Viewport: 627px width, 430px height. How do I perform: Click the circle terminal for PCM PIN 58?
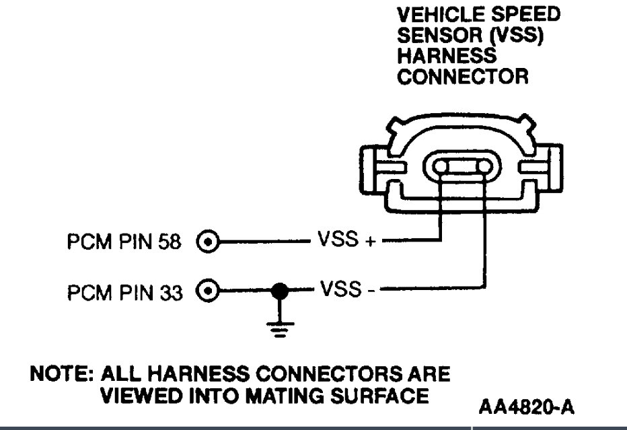click(x=210, y=240)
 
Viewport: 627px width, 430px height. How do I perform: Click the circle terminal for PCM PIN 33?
click(x=210, y=291)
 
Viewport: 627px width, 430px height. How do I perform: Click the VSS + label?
click(x=344, y=240)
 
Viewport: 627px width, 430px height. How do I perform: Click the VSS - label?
click(x=343, y=291)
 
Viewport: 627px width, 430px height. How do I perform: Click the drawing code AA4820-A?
click(x=527, y=407)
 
